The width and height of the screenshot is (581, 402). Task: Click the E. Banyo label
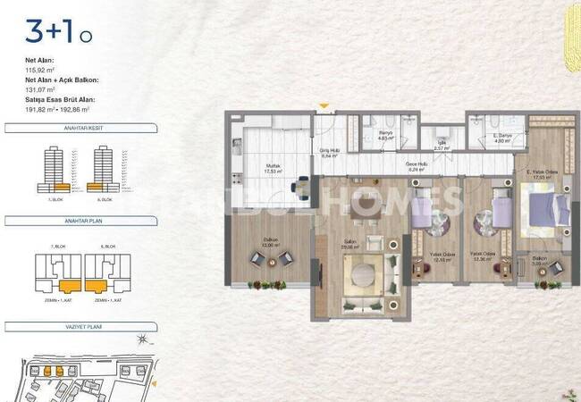502,136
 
